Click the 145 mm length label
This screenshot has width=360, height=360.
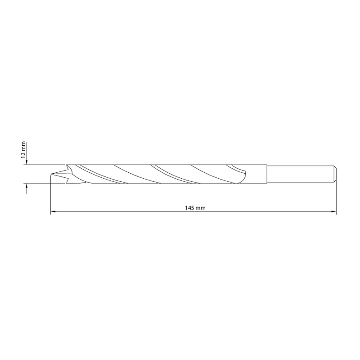(x=195, y=208)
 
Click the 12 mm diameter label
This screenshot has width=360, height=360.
(x=23, y=150)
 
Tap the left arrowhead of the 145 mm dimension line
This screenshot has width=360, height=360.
(x=53, y=211)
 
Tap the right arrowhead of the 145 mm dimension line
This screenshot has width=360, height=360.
(x=333, y=211)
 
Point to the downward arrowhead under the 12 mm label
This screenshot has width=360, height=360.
(x=27, y=162)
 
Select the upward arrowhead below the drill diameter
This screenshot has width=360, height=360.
(x=27, y=186)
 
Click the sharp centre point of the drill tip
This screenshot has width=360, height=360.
(x=51, y=174)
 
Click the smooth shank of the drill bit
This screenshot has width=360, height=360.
(x=300, y=174)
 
